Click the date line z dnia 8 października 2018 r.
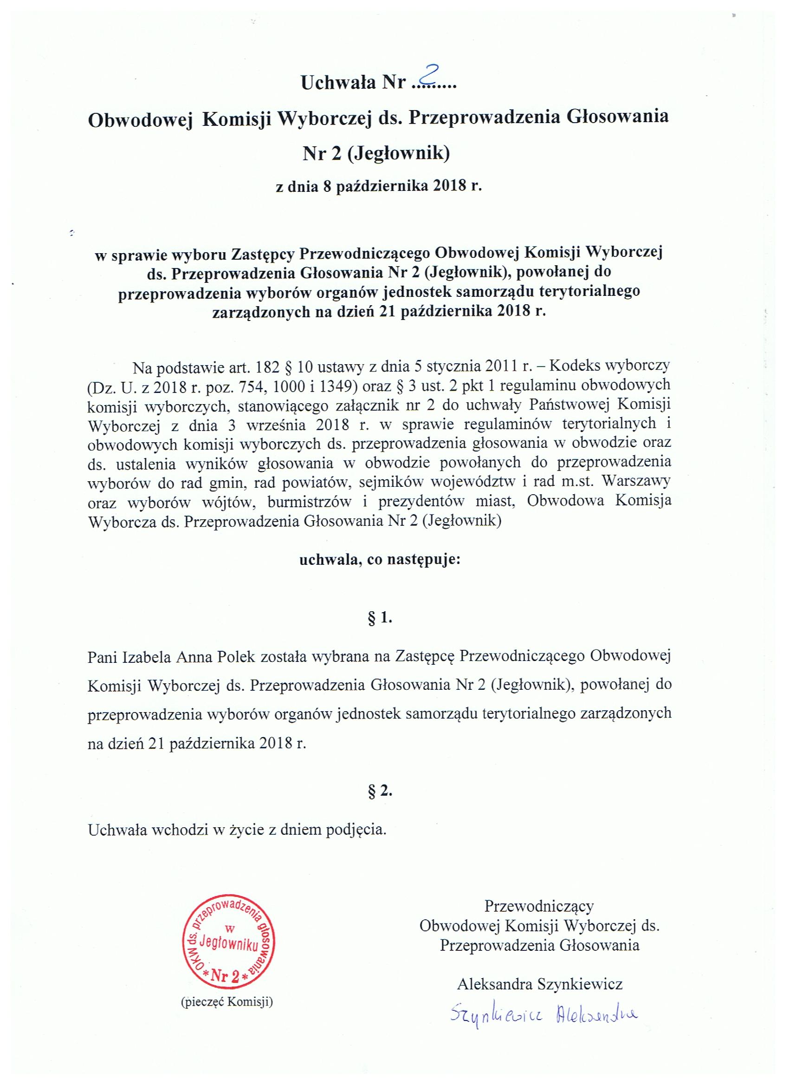[378, 186]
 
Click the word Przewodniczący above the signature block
[539, 906]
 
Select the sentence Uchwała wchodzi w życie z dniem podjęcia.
[237, 829]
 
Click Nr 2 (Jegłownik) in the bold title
[377, 154]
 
